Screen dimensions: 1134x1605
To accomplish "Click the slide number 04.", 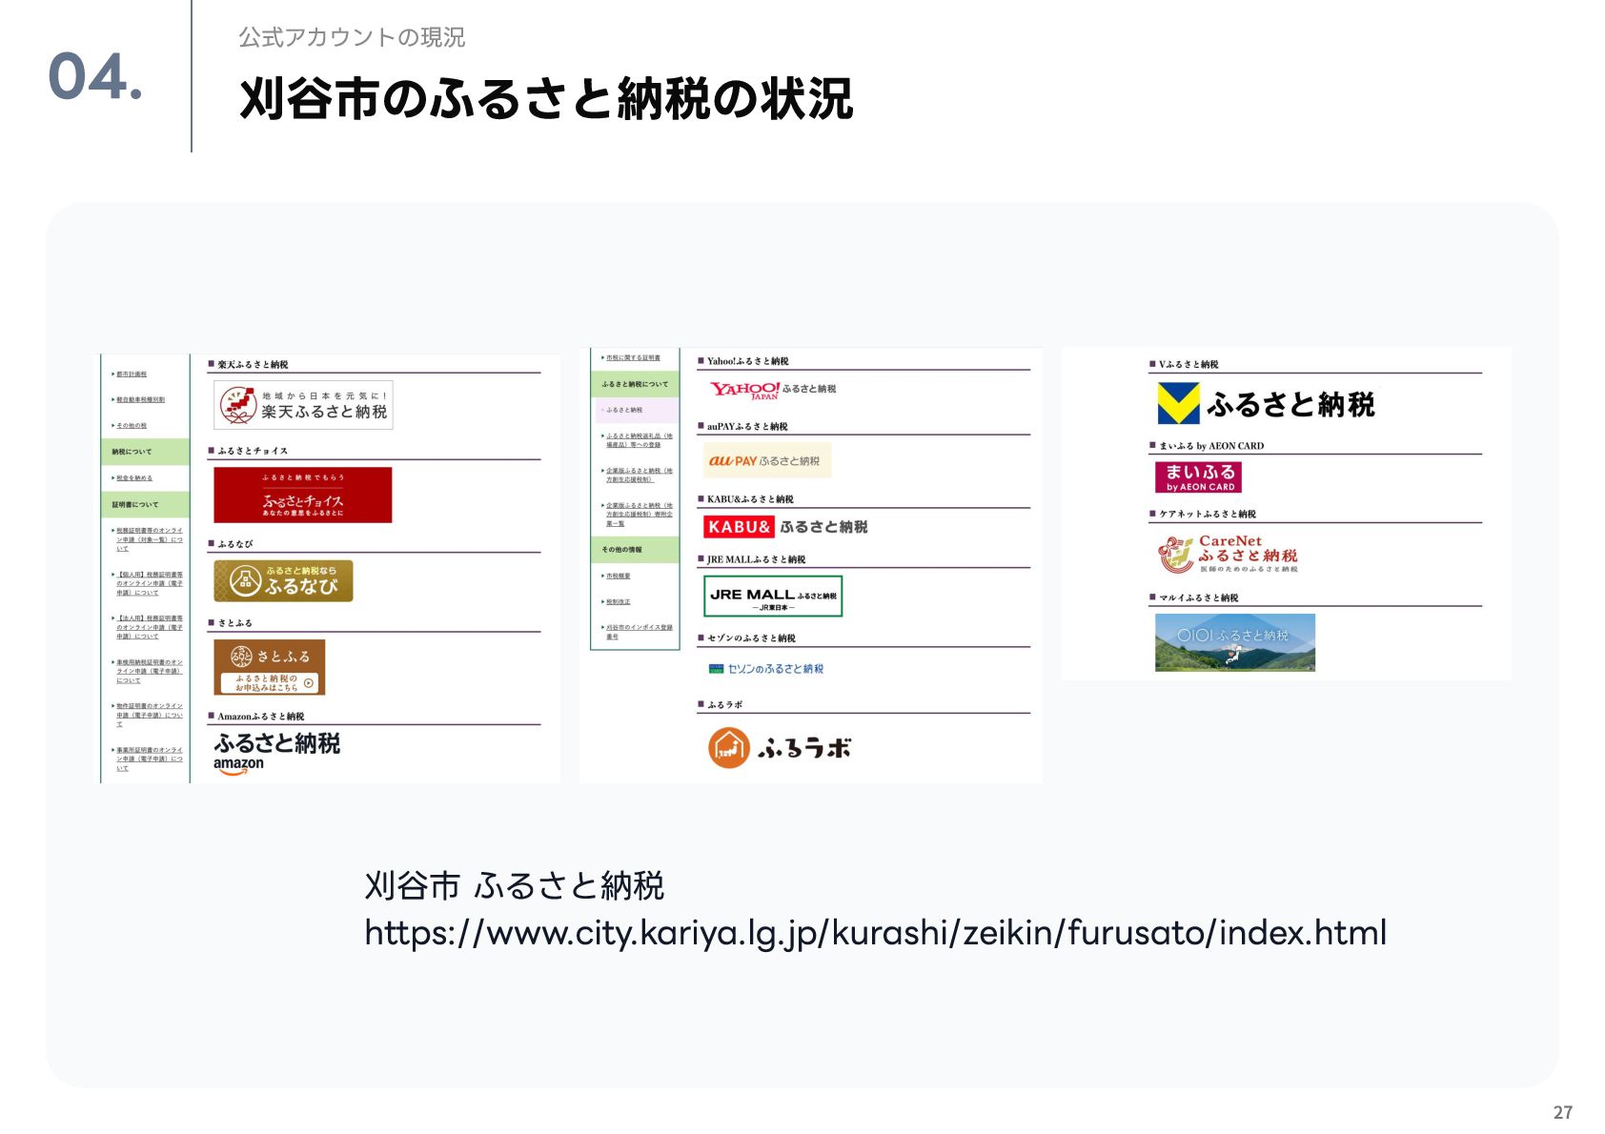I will (94, 76).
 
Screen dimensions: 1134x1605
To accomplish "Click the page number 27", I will (1562, 1112).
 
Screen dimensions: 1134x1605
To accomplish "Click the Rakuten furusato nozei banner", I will (303, 405).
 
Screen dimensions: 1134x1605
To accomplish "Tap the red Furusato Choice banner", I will (302, 495).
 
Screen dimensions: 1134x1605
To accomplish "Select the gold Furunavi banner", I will (283, 580).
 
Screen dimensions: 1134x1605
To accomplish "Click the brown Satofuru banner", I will (270, 667).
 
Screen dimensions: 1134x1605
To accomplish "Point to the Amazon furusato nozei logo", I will (276, 752).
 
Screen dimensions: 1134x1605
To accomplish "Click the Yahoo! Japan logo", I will (745, 390).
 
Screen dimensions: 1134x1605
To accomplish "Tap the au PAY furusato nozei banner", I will (766, 460).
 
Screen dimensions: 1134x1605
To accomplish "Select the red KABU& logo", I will (739, 527).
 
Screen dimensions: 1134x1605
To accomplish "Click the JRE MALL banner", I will (773, 596).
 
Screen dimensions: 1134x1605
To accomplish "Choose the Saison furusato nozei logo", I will (766, 669).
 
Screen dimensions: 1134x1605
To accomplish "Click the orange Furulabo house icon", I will (729, 748).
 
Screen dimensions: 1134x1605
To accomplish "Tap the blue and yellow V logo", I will (1178, 403).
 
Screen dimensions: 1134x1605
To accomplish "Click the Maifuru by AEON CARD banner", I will (1199, 476).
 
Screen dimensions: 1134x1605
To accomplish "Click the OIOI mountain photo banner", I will (1234, 642).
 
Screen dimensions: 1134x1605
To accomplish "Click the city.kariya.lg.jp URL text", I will (875, 933).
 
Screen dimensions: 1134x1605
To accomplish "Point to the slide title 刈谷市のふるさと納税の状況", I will (546, 99).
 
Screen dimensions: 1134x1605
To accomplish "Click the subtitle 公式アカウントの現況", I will (352, 37).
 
